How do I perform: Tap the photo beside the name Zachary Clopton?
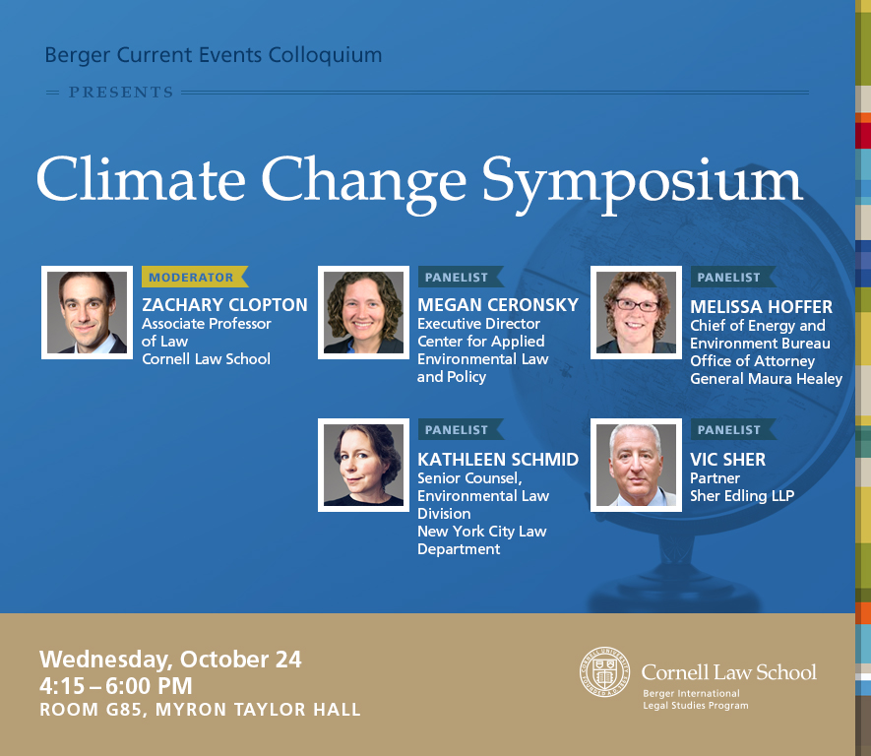(88, 313)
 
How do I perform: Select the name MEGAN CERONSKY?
(498, 305)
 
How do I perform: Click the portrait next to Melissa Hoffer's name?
(636, 313)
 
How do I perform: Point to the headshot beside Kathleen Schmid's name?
(364, 465)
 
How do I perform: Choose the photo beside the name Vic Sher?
(636, 465)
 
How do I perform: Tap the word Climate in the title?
(141, 178)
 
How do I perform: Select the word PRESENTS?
(121, 93)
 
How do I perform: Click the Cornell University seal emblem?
(605, 672)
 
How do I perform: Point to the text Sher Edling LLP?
(742, 495)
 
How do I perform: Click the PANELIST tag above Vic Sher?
(733, 429)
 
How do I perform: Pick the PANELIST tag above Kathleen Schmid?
(461, 429)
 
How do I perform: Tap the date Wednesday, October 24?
(170, 660)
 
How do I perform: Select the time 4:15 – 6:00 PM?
(115, 686)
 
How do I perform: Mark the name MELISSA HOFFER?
(761, 306)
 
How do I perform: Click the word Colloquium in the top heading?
(325, 55)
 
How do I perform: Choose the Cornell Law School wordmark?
(729, 672)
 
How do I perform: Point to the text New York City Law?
(482, 532)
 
